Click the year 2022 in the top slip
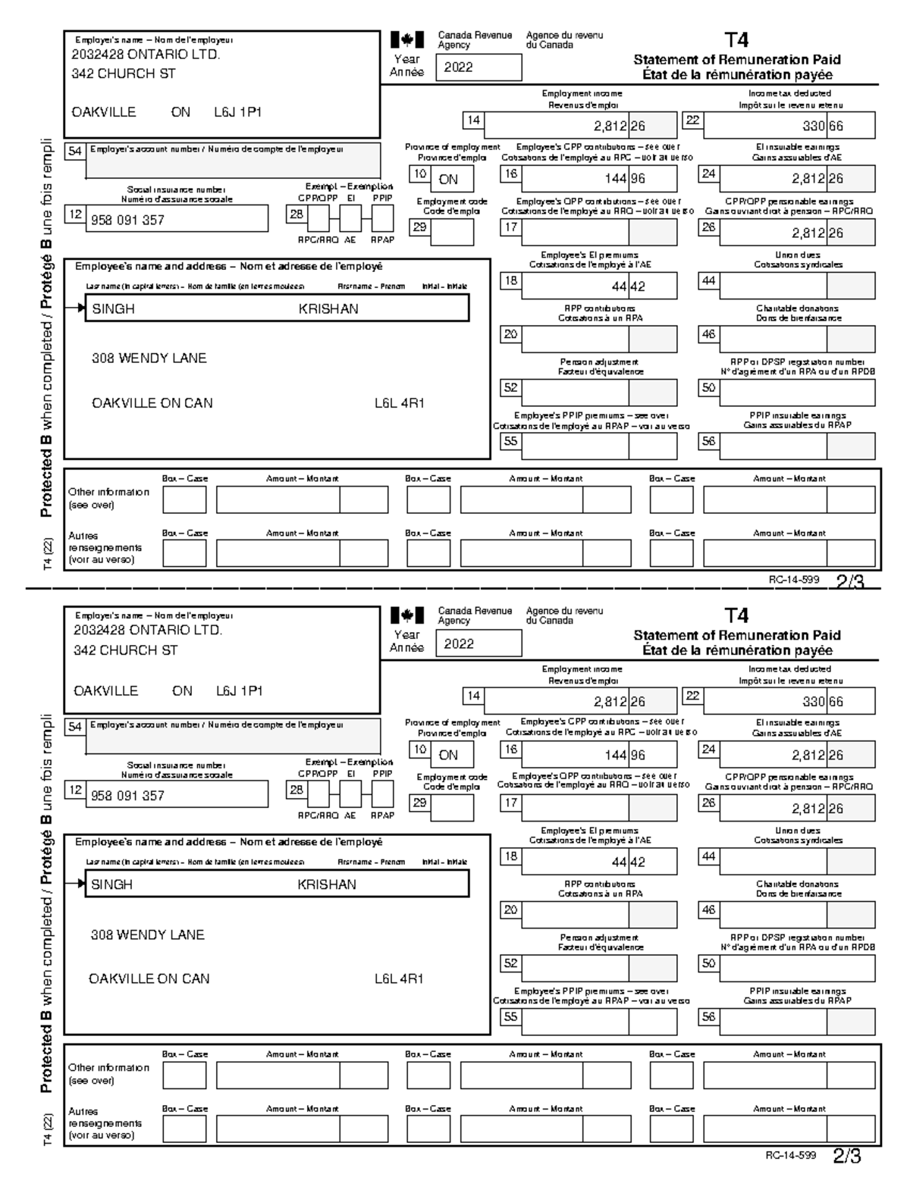pyautogui.click(x=459, y=67)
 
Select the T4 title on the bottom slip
pyautogui.click(x=736, y=615)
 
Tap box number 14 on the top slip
pyautogui.click(x=473, y=121)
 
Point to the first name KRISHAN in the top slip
pyautogui.click(x=328, y=309)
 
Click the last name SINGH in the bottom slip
pyautogui.click(x=112, y=884)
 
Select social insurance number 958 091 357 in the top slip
pyautogui.click(x=127, y=221)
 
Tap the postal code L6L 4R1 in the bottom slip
pyautogui.click(x=399, y=978)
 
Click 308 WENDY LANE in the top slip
pyautogui.click(x=149, y=358)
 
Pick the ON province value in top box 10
pyautogui.click(x=448, y=180)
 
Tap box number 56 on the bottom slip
pyautogui.click(x=708, y=1017)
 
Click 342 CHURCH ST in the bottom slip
pyautogui.click(x=125, y=650)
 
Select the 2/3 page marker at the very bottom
pyautogui.click(x=847, y=1157)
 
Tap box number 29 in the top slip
pyautogui.click(x=419, y=227)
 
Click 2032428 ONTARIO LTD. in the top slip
pyautogui.click(x=146, y=55)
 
